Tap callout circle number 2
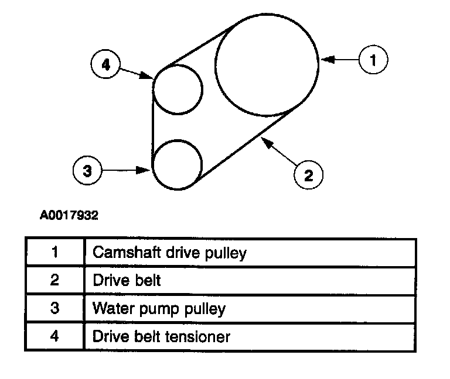(308, 174)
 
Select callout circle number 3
(87, 170)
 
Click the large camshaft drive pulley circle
(267, 61)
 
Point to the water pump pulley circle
(177, 164)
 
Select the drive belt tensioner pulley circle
(178, 89)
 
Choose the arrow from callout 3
(127, 170)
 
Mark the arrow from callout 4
(137, 73)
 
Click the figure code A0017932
(69, 215)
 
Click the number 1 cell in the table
(54, 253)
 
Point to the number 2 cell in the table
(54, 280)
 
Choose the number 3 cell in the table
(54, 308)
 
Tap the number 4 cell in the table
(54, 336)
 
